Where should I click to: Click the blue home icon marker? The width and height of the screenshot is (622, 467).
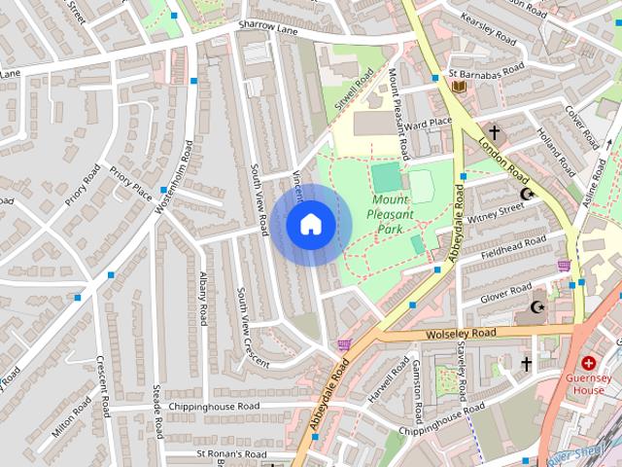pyautogui.click(x=310, y=225)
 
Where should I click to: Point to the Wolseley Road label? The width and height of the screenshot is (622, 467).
pyautogui.click(x=461, y=334)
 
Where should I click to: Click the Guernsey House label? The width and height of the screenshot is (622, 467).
pyautogui.click(x=588, y=382)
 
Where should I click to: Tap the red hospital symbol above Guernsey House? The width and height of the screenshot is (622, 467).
pyautogui.click(x=588, y=362)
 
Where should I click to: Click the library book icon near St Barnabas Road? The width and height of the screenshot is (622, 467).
pyautogui.click(x=460, y=87)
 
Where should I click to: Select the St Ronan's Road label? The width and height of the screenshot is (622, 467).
pyautogui.click(x=231, y=454)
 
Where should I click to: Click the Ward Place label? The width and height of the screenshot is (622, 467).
pyautogui.click(x=429, y=122)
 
